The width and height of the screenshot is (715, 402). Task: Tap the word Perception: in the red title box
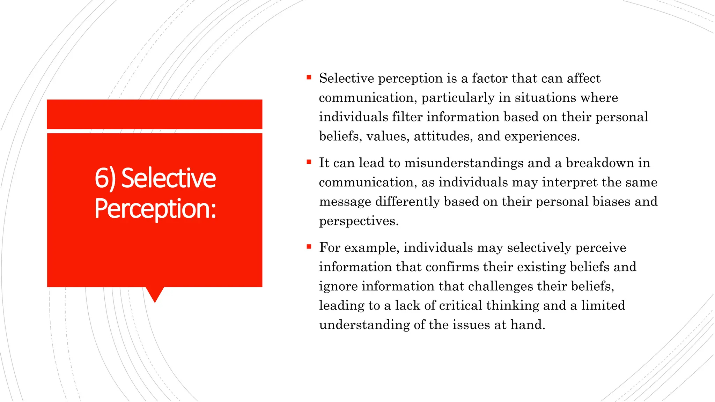coord(155,209)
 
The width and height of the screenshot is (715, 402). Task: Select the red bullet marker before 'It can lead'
coord(309,162)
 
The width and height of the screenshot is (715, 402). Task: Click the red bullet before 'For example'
coord(309,247)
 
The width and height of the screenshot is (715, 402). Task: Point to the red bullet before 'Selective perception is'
coord(309,77)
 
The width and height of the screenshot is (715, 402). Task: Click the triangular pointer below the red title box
coord(155,294)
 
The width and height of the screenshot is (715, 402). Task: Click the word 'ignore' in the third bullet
coord(338,286)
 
